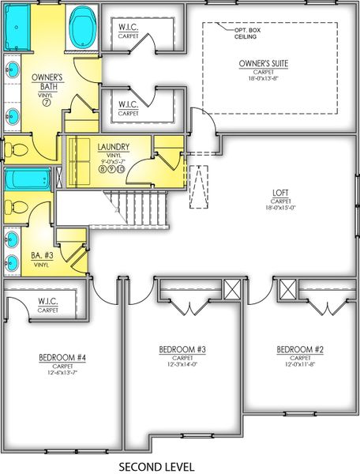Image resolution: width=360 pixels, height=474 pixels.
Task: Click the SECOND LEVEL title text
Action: (x=156, y=467)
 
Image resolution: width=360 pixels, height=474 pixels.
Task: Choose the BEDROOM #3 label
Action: (x=182, y=349)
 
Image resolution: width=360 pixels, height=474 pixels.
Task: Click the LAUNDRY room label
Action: (x=113, y=147)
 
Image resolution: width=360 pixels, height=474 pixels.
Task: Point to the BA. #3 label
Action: (x=42, y=254)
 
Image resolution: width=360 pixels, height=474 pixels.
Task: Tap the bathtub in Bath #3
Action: (x=28, y=179)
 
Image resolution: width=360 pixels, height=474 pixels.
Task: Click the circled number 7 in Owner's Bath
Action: (x=47, y=103)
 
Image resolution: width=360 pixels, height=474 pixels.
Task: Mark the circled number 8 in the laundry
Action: (x=103, y=167)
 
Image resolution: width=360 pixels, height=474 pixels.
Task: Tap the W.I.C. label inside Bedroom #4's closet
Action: (x=48, y=301)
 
